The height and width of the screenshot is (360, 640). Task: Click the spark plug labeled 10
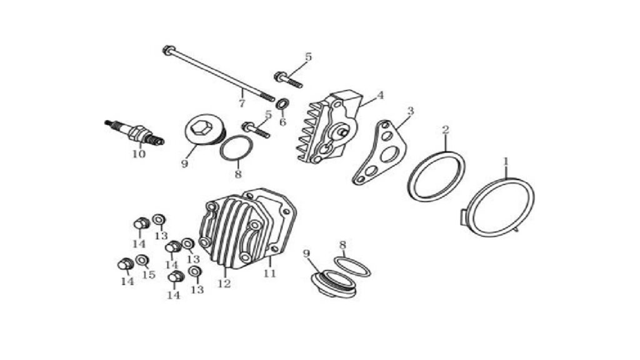click(134, 132)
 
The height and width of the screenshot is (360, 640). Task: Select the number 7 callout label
click(242, 103)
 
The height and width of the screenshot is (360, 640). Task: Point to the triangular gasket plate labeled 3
click(379, 152)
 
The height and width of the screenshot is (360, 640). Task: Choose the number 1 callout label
click(506, 162)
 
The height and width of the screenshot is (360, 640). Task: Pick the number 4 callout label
click(380, 96)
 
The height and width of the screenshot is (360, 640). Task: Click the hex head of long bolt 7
click(167, 50)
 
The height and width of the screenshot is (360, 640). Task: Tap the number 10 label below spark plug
click(139, 154)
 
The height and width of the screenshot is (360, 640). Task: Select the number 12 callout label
click(224, 283)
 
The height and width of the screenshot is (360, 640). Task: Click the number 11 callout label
click(269, 273)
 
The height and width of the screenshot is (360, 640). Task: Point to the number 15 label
click(149, 274)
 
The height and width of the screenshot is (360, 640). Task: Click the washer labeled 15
click(142, 260)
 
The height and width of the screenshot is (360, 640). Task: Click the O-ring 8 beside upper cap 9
click(236, 149)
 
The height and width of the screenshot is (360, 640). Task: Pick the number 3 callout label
click(411, 111)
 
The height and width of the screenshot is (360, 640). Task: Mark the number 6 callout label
click(283, 122)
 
